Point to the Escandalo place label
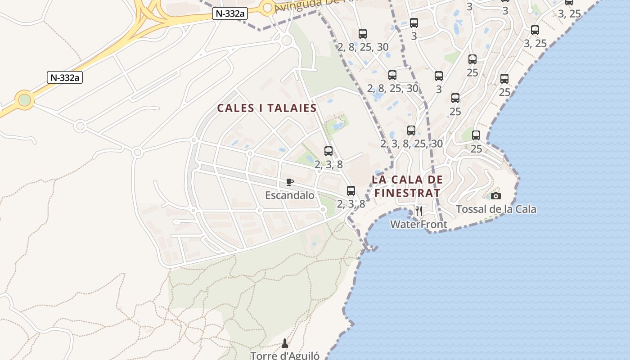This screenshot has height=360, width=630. pyautogui.click(x=290, y=195)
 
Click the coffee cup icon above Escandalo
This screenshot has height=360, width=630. pyautogui.click(x=290, y=182)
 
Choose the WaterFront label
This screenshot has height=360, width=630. pyautogui.click(x=418, y=224)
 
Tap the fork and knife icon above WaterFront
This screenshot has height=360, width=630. pyautogui.click(x=418, y=211)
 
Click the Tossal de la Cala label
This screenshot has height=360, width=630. pyautogui.click(x=496, y=209)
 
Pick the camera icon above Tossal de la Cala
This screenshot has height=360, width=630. pyautogui.click(x=495, y=196)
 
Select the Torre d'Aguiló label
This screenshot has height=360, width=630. pyautogui.click(x=285, y=355)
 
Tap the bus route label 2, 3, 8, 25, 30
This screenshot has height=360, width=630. pyautogui.click(x=411, y=144)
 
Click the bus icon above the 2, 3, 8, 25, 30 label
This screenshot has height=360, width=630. pyautogui.click(x=411, y=130)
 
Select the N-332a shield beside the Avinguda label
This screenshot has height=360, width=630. pyautogui.click(x=230, y=13)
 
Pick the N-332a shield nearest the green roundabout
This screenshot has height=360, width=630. pyautogui.click(x=65, y=77)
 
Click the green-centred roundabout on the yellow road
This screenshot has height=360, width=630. pyautogui.click(x=25, y=100)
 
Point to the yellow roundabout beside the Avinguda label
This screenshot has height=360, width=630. pyautogui.click(x=268, y=7)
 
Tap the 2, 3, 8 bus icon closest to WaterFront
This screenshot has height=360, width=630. pyautogui.click(x=351, y=190)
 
